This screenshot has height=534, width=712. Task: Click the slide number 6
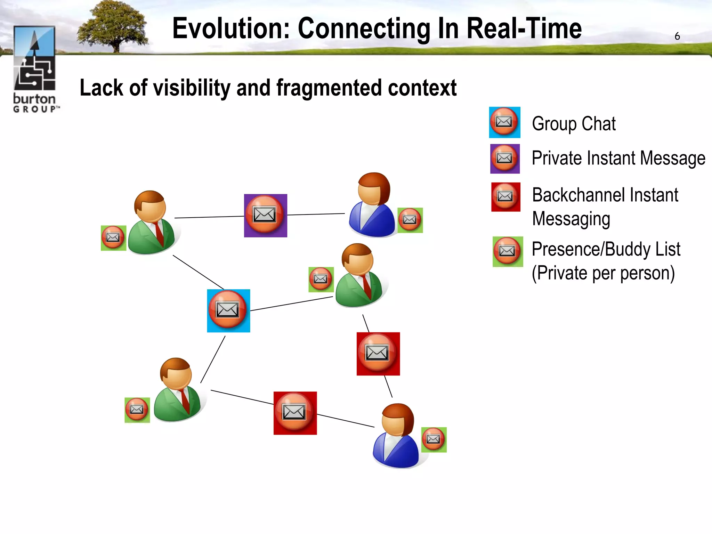(677, 36)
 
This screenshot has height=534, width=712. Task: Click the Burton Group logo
(35, 70)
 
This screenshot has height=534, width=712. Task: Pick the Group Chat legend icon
(504, 122)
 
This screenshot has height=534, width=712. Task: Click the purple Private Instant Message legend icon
(505, 159)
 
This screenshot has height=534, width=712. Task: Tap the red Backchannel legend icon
(505, 197)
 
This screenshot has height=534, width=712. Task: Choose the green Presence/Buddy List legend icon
(508, 252)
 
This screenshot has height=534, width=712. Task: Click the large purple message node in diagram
(265, 216)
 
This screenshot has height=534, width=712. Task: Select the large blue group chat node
(228, 310)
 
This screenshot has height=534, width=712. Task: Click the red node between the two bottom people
(295, 413)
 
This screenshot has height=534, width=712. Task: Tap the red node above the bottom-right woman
(378, 354)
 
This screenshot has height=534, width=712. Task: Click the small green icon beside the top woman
(410, 220)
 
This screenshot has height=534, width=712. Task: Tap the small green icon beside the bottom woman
(434, 439)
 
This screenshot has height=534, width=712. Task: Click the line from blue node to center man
(291, 304)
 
